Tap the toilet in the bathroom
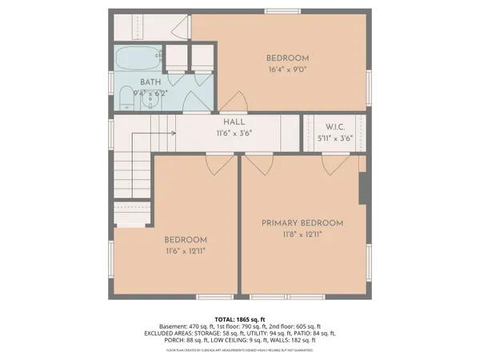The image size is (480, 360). (124, 98)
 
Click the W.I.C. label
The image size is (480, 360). (334, 127)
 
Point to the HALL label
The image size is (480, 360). (234, 122)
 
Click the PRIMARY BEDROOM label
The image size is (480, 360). (302, 223)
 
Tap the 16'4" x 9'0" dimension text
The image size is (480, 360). (287, 70)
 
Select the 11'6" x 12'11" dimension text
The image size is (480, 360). (186, 251)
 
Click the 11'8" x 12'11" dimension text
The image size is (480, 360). (302, 235)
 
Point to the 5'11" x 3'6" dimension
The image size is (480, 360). (334, 138)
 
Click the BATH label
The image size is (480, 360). (151, 82)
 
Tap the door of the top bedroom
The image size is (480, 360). (232, 102)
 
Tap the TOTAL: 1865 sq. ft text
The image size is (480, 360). (240, 319)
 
